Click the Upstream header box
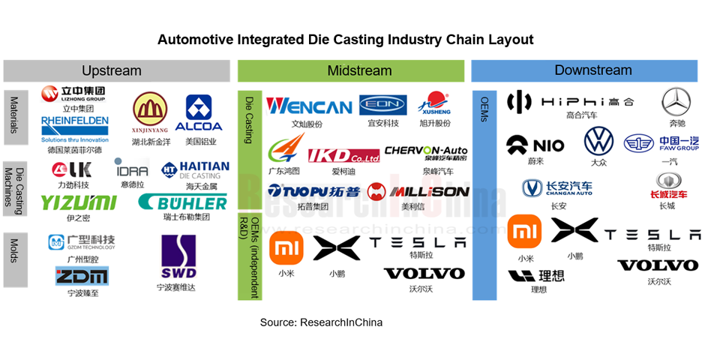pos(116,70)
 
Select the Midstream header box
pos(352,70)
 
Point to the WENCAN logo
pos(309,106)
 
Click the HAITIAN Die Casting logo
pos(195,169)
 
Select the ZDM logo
pos(82,276)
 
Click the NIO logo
pos(535,144)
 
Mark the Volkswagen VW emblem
pos(598,141)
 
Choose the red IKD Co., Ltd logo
pos(343,155)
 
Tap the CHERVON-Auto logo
pos(425,153)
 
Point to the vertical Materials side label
pos(13,118)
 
